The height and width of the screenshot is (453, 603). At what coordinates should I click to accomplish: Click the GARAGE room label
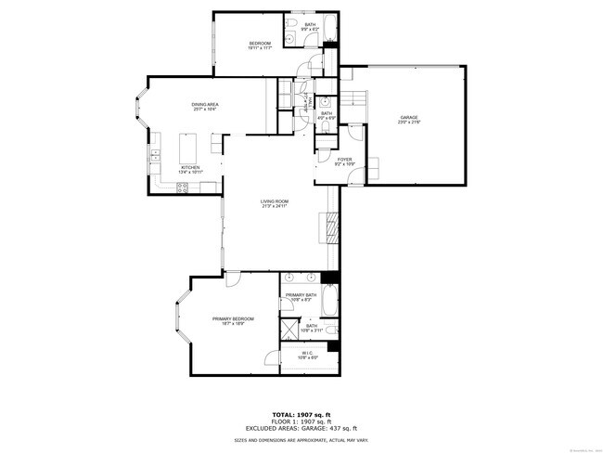(409, 117)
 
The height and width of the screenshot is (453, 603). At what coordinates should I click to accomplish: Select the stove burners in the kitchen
(183, 188)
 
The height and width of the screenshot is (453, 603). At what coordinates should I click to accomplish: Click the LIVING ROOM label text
(274, 201)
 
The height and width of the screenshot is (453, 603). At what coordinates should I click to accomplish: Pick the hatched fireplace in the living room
(328, 226)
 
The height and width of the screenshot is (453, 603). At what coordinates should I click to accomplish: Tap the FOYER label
(344, 159)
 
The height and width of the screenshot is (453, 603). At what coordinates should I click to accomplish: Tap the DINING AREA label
(205, 104)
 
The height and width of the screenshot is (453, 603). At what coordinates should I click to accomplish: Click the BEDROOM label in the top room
(259, 44)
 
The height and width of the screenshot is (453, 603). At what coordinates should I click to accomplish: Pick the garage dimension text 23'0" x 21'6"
(409, 123)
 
